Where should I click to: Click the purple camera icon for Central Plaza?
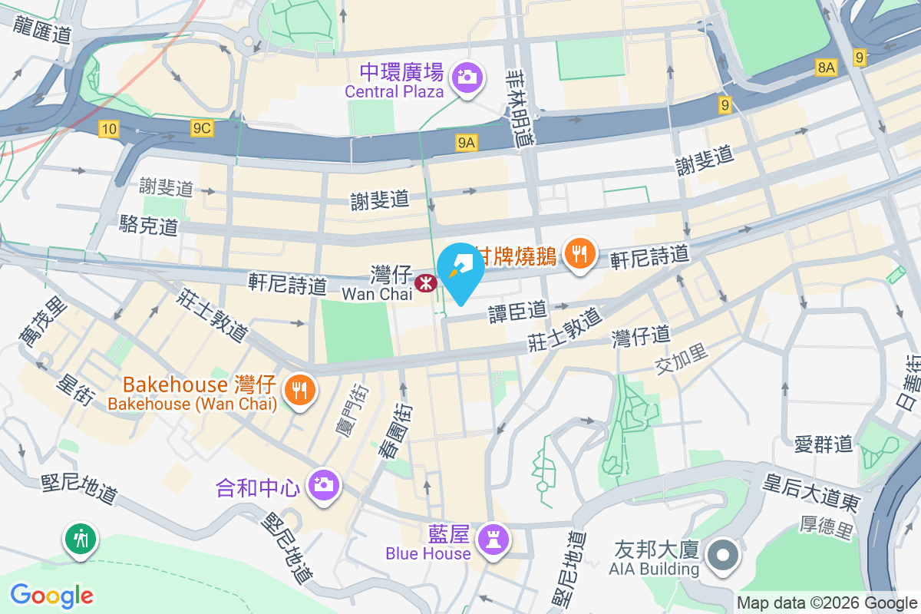pyautogui.click(x=466, y=77)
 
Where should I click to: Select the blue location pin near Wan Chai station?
pyautogui.click(x=460, y=271)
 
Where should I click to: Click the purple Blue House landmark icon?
pyautogui.click(x=492, y=539)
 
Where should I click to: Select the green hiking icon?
pyautogui.click(x=81, y=539)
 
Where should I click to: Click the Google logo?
pyautogui.click(x=51, y=595)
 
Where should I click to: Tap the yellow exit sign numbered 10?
pyautogui.click(x=108, y=129)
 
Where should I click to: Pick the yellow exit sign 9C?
pyautogui.click(x=202, y=128)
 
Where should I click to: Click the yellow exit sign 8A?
pyautogui.click(x=826, y=68)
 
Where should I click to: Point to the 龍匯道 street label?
pyautogui.click(x=42, y=29)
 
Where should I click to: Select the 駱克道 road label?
pyautogui.click(x=149, y=225)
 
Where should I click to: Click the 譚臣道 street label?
pyautogui.click(x=517, y=311)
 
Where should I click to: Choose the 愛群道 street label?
pyautogui.click(x=824, y=444)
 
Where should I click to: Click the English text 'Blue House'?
pyautogui.click(x=428, y=553)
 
